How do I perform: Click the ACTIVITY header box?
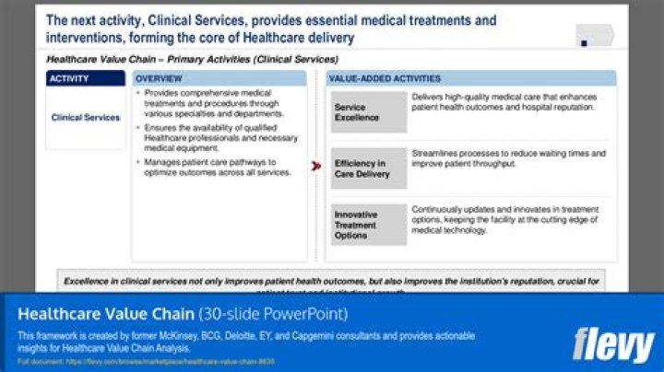click(85, 79)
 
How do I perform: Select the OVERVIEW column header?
click(219, 79)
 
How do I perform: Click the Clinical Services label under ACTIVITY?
click(85, 118)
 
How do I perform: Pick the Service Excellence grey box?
click(368, 112)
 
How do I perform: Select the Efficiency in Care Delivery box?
click(368, 169)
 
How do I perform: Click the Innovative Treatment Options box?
click(368, 225)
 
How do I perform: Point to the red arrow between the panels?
click(315, 167)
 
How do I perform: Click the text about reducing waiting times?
click(508, 158)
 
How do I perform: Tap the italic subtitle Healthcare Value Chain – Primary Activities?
click(184, 58)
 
